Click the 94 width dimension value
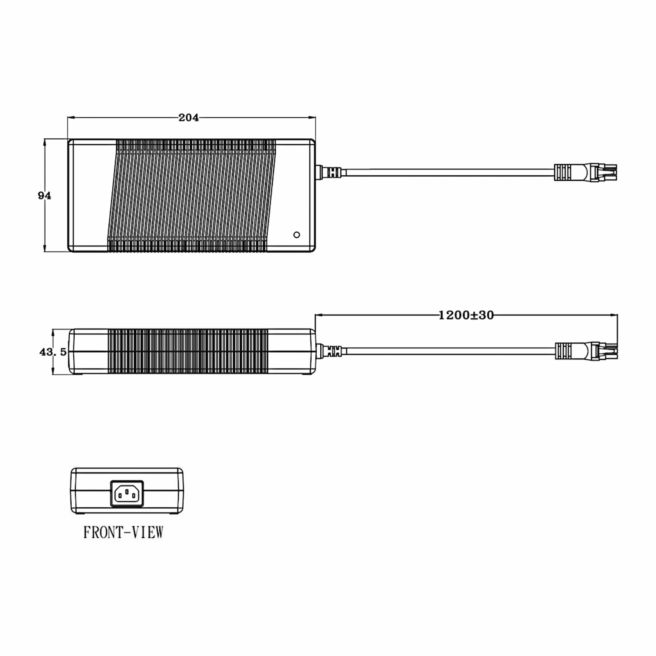coord(45,196)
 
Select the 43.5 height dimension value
coord(53,352)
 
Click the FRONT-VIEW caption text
coord(124,532)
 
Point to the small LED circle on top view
coord(296,235)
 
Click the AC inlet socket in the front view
coord(127,493)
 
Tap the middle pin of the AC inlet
coord(127,491)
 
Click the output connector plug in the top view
coord(585,172)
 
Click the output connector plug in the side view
coord(585,351)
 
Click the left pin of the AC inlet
coord(120,496)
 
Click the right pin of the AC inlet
coord(134,496)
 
